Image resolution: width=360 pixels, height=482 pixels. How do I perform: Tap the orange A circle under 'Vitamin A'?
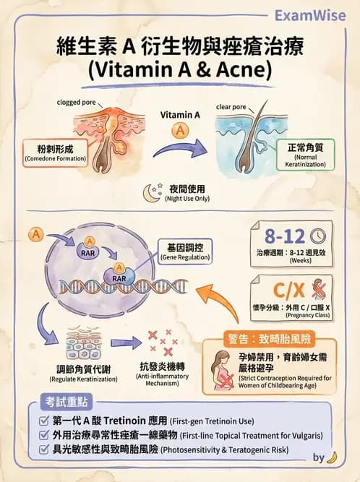(178, 132)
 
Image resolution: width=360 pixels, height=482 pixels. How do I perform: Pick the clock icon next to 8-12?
(316, 236)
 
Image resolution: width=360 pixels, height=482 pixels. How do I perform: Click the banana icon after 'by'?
(332, 457)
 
